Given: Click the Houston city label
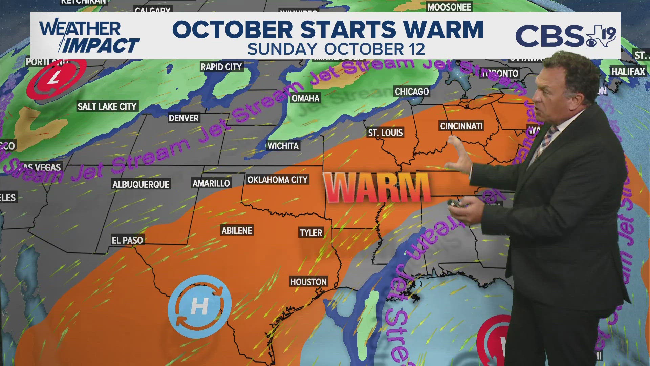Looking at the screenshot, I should tap(308, 282).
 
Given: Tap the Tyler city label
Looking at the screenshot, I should tap(311, 233).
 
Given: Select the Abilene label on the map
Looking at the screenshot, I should tap(237, 231).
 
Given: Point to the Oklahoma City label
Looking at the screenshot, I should tap(277, 180).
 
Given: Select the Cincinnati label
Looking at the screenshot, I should tap(461, 126).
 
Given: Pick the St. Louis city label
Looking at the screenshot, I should tap(385, 133).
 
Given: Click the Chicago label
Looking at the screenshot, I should tap(412, 91).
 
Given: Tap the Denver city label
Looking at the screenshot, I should tap(183, 118).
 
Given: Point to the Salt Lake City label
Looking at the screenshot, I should tap(107, 106).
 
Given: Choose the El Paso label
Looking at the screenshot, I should tap(127, 240).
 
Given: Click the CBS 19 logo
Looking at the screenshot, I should tap(565, 36).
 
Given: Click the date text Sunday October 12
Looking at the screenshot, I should tap(336, 49).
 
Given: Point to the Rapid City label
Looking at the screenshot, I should tap(221, 67).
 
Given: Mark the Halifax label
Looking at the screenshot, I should tap(628, 72).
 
